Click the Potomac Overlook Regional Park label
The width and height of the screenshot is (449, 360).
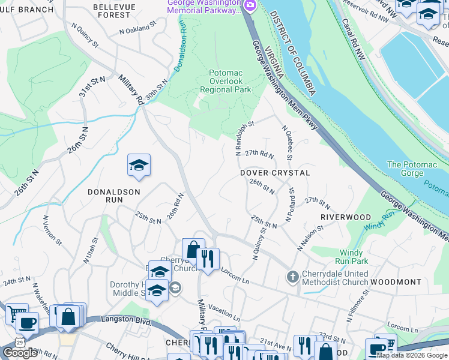[x=229, y=81]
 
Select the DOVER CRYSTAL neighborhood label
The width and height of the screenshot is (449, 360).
[x=275, y=173]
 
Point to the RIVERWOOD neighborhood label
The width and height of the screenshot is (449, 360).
[x=344, y=216]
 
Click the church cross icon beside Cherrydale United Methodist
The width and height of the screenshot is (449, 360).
[x=292, y=277]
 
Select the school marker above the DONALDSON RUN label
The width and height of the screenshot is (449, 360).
[x=139, y=166]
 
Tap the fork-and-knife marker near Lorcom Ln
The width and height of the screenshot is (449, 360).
[x=208, y=260]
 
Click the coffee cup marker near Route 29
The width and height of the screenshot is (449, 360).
[x=26, y=323]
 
